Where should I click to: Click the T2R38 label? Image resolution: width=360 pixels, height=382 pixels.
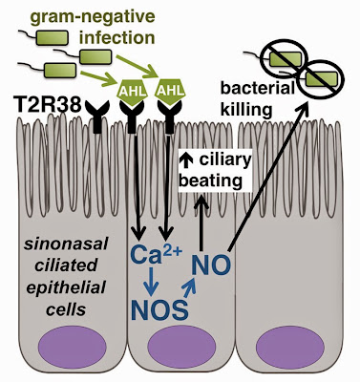pyautogui.click(x=46, y=104)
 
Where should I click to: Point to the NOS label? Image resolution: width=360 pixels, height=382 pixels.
pyautogui.click(x=159, y=310)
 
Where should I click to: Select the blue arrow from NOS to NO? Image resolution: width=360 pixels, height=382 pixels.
pyautogui.click(x=189, y=287)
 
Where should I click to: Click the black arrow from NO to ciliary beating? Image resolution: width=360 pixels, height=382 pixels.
pyautogui.click(x=201, y=223)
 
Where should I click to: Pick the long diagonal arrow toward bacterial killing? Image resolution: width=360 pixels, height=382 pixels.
pyautogui.click(x=268, y=179)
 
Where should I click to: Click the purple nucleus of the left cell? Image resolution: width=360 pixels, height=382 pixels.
pyautogui.click(x=73, y=348)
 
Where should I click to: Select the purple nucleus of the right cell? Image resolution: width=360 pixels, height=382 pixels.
pyautogui.click(x=290, y=348)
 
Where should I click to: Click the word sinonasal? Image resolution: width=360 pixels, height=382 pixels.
pyautogui.click(x=67, y=244)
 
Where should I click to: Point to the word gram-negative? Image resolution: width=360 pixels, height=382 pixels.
pyautogui.click(x=94, y=18)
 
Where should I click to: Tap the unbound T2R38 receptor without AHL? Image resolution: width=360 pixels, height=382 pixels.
pyautogui.click(x=98, y=117)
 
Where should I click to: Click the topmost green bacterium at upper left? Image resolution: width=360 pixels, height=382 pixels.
pyautogui.click(x=53, y=38)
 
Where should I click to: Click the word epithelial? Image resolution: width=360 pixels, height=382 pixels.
pyautogui.click(x=66, y=287)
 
